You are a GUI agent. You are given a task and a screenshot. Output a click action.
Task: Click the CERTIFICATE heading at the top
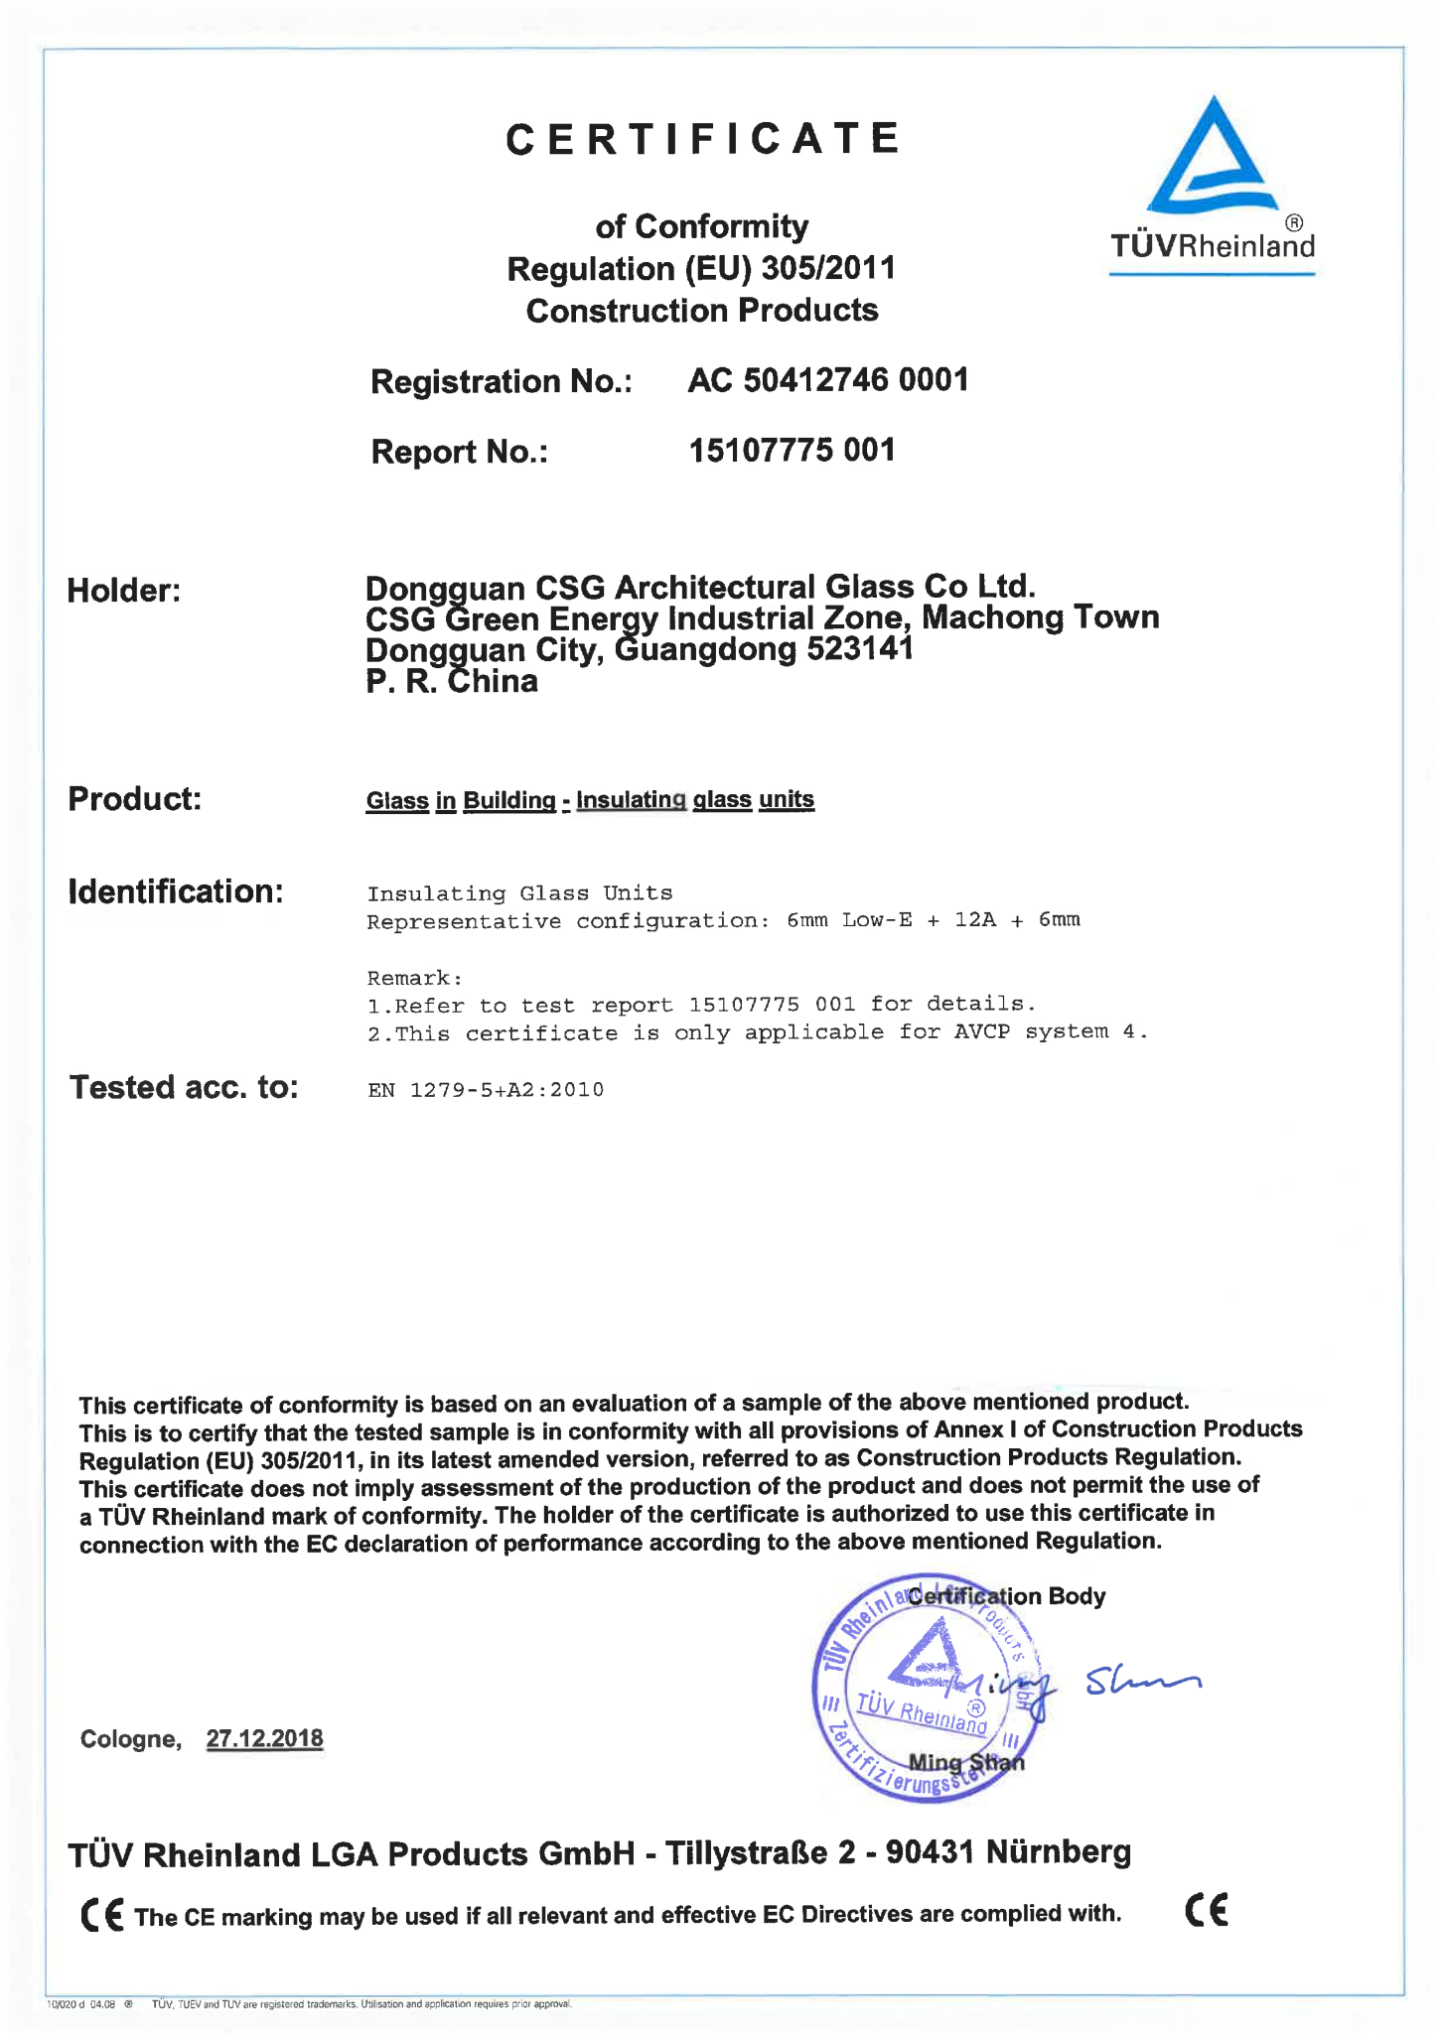pos(702,139)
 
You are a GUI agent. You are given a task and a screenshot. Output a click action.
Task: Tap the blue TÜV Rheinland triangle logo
pos(1212,159)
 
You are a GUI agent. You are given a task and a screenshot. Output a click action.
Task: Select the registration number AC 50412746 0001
pos(827,380)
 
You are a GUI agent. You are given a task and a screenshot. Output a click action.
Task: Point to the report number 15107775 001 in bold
pos(792,451)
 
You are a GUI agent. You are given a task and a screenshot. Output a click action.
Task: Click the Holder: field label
pos(123,591)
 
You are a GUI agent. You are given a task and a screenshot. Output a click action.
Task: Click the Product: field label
pos(134,798)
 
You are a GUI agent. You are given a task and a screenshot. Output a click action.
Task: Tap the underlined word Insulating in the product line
pos(631,800)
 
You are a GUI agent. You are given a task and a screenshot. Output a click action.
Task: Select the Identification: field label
pos(176,891)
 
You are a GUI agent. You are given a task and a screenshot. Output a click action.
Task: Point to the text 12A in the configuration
pos(974,920)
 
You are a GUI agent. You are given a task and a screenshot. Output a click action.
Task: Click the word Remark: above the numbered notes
pos(414,978)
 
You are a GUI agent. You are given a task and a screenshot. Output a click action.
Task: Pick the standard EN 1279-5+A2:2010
pos(485,1090)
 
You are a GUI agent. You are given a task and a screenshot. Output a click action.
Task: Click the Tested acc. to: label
pos(184,1088)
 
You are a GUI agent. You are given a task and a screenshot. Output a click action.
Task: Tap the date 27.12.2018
pos(264,1738)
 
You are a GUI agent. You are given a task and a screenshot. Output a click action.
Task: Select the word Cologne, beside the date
pos(130,1739)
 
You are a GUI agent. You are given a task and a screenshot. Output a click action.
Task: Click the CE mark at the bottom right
pos(1207,1910)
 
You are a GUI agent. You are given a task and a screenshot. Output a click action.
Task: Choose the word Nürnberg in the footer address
pos(1058,1851)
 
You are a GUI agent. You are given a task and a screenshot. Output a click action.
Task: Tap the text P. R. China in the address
pos(451,682)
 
